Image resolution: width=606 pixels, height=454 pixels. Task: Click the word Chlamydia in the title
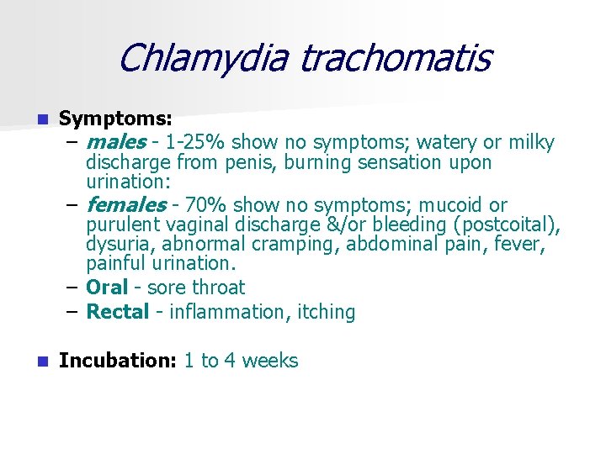pyautogui.click(x=203, y=58)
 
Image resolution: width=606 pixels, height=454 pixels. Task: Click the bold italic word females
pyautogui.click(x=126, y=205)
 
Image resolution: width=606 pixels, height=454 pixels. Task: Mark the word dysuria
pyautogui.click(x=119, y=245)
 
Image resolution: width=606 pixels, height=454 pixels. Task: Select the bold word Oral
pyautogui.click(x=106, y=288)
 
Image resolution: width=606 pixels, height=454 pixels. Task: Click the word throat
pyautogui.click(x=218, y=288)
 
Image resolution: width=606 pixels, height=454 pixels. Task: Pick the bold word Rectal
pyautogui.click(x=118, y=312)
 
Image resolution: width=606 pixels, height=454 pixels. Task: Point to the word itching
pyautogui.click(x=324, y=312)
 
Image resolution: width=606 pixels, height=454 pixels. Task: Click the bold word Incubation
pyautogui.click(x=117, y=361)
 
